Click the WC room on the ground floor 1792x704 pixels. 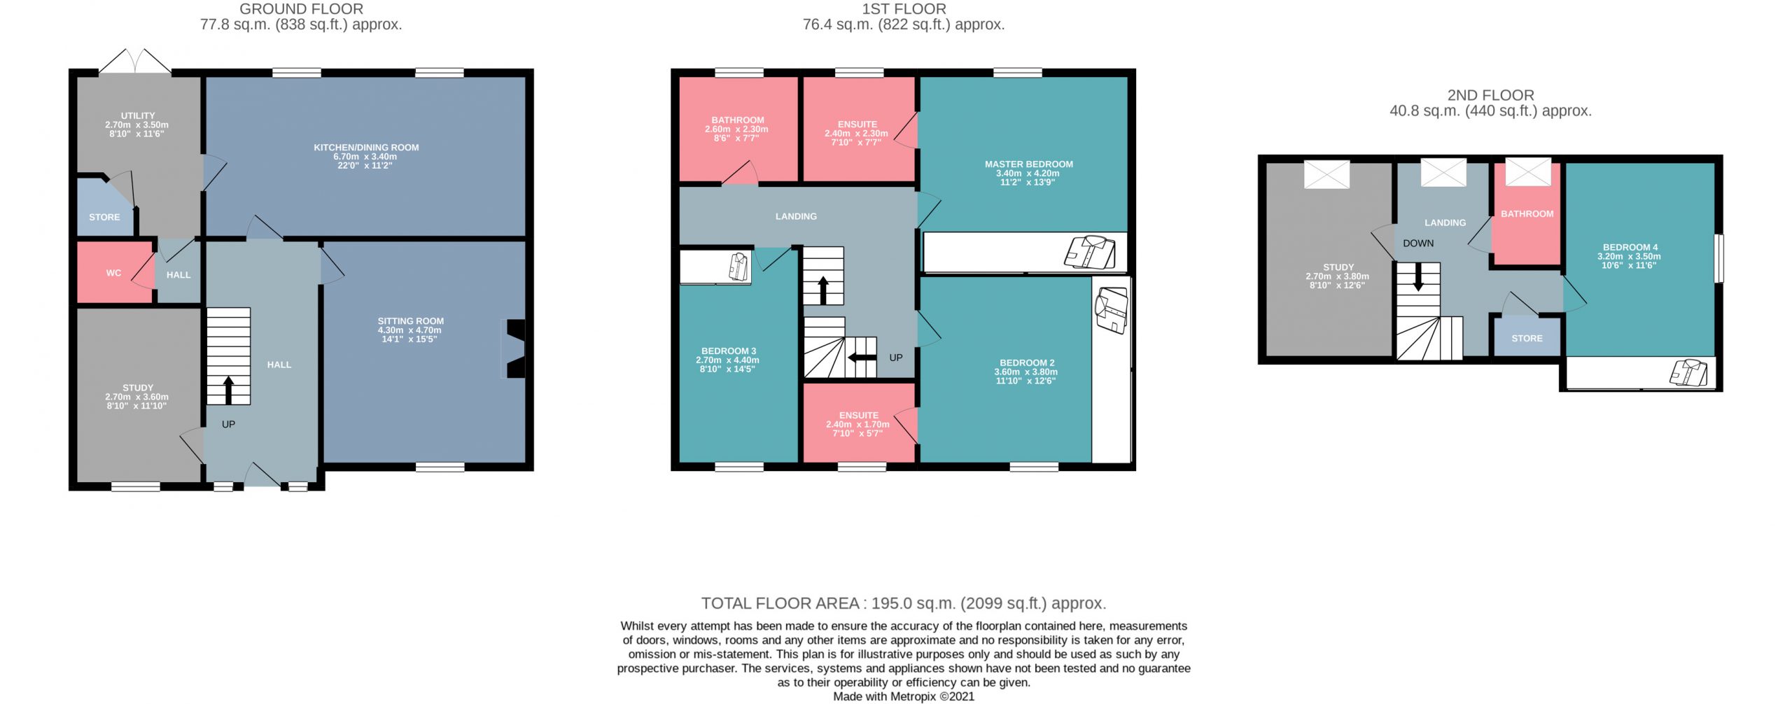pos(114,272)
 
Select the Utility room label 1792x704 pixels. pos(137,125)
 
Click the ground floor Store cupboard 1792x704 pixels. pos(104,208)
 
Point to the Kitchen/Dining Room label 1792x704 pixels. pos(366,156)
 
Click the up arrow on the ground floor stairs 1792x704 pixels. pos(228,390)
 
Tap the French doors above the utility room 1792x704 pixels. pos(135,62)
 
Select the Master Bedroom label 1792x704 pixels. pos(1028,173)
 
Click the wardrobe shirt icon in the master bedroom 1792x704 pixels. pos(1090,252)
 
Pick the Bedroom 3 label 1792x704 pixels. pos(728,360)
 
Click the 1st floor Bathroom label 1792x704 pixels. pos(737,129)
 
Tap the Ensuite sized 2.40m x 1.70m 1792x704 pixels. pos(858,424)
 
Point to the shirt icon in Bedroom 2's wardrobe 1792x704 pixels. pos(1112,311)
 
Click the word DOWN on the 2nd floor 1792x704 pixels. pos(1418,244)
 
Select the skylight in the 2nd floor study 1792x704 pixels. pos(1326,174)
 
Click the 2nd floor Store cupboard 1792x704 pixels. pos(1527,337)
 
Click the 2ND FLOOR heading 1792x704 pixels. pos(1490,95)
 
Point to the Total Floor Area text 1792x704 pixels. pos(904,603)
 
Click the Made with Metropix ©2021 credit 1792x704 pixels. pos(903,696)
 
